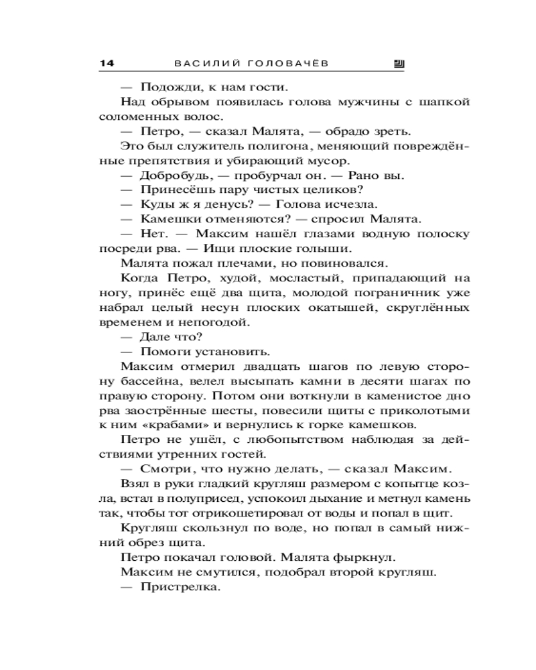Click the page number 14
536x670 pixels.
click(x=107, y=64)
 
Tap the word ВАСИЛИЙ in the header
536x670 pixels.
click(x=204, y=64)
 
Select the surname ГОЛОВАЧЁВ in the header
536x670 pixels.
click(x=290, y=64)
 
